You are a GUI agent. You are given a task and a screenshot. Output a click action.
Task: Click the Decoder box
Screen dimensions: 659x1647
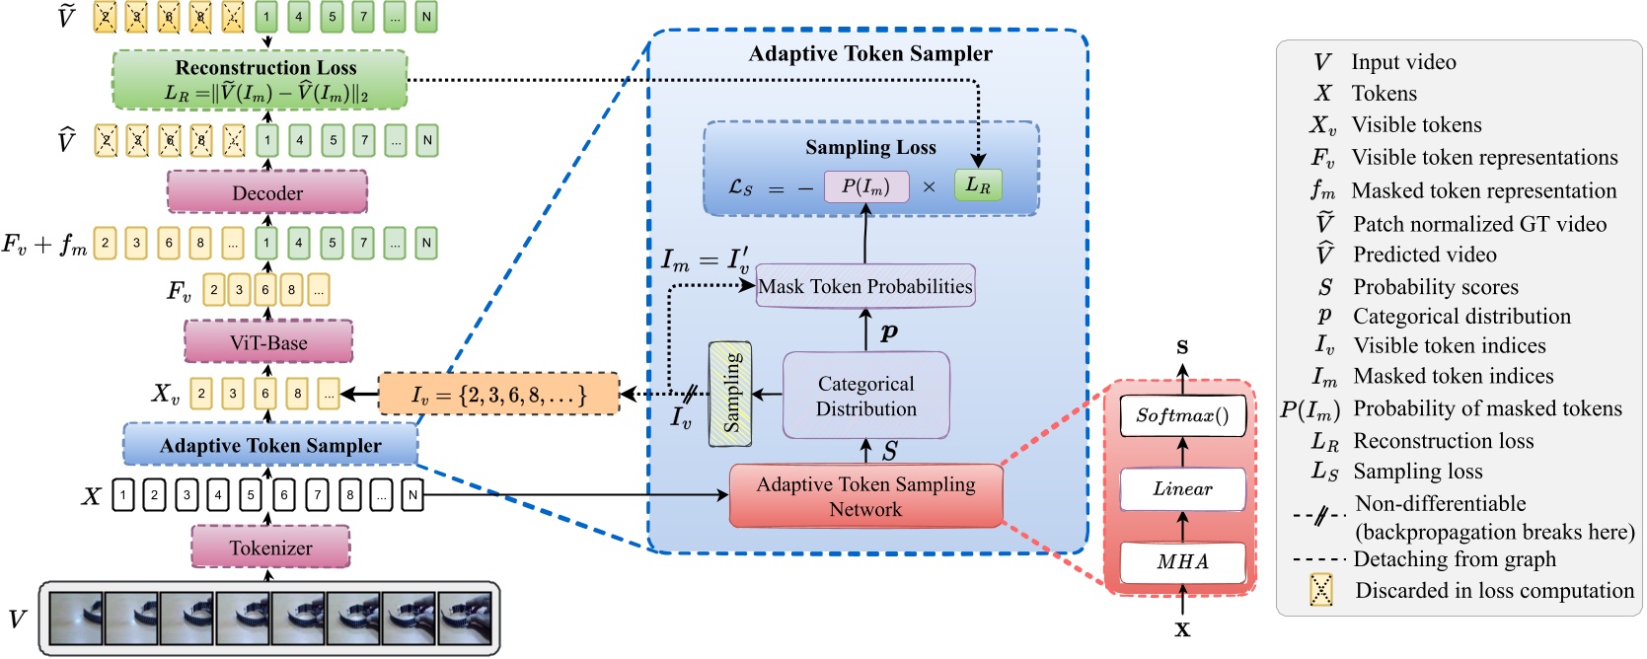(x=267, y=192)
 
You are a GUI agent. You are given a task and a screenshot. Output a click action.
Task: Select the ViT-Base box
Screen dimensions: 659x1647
(x=268, y=342)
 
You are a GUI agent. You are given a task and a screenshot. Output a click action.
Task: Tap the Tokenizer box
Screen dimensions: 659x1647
(x=270, y=548)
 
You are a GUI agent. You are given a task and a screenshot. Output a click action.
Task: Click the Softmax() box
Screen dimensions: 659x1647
(x=1182, y=415)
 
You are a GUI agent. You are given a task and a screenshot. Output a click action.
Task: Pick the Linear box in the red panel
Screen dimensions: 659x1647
(x=1182, y=488)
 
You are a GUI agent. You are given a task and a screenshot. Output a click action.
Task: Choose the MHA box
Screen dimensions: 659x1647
(x=1182, y=561)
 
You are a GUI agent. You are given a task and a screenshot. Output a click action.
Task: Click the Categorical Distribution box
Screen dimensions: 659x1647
(x=865, y=396)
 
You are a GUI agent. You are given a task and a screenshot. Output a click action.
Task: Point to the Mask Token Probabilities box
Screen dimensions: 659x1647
(x=864, y=286)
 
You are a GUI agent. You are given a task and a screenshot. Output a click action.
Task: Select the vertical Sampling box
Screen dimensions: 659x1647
(x=730, y=394)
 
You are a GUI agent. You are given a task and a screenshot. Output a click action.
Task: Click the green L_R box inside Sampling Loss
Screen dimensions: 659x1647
(x=977, y=184)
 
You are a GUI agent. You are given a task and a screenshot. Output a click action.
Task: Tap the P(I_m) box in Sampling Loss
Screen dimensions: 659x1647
(x=865, y=185)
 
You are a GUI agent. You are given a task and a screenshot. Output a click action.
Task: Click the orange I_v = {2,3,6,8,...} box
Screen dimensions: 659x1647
(x=498, y=395)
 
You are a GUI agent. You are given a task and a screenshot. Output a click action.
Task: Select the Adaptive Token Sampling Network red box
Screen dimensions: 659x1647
(x=865, y=496)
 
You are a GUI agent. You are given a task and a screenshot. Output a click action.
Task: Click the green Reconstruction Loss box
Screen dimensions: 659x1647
(x=261, y=80)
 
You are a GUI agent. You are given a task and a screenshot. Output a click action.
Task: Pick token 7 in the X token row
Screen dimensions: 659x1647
(x=318, y=495)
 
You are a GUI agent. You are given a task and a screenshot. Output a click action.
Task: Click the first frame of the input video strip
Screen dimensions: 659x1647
(x=76, y=619)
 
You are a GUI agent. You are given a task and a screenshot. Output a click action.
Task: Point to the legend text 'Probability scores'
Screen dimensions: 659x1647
(x=1435, y=287)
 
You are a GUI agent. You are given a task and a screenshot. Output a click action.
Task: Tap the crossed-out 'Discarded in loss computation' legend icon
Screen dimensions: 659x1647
(x=1320, y=590)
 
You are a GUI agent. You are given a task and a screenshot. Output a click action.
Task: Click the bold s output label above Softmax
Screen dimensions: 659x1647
(x=1182, y=346)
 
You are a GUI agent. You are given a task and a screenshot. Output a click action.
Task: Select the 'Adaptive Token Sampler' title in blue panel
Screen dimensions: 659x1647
(x=869, y=53)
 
